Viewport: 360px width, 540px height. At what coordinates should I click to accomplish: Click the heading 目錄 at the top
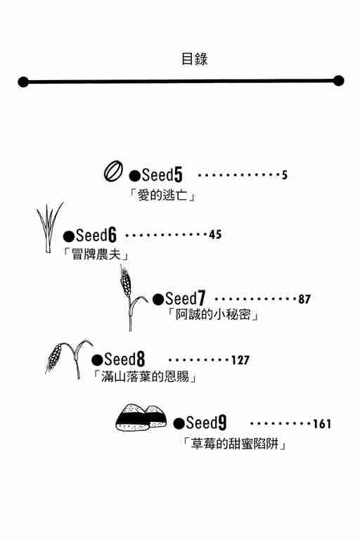coord(194,59)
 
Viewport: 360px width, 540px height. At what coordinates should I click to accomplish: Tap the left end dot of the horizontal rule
coord(23,82)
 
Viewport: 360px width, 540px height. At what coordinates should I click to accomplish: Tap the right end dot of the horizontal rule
coord(339,81)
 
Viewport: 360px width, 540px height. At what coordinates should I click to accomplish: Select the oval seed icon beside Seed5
coord(113,172)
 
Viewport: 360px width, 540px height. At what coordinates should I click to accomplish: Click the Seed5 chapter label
coord(155,175)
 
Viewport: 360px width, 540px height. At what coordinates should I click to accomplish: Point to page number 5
coord(284,175)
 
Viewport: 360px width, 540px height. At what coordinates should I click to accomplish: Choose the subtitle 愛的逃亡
coord(162,195)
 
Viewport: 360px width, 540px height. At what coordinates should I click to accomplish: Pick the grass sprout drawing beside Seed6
coord(50,227)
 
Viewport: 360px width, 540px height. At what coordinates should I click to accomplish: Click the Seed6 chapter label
coord(90,236)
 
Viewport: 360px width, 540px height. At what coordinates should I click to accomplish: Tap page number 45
coord(215,235)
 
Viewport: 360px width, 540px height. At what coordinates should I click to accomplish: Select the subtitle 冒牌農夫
coord(96,255)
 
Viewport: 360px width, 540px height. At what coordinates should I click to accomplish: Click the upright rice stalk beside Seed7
coord(131,298)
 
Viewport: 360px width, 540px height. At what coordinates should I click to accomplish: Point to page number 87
coord(304,299)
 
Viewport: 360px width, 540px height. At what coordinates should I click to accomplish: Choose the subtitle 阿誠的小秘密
coord(213,314)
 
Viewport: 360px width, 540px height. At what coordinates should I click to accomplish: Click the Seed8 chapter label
coord(118,359)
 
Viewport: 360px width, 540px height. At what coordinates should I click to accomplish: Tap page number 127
coord(240,360)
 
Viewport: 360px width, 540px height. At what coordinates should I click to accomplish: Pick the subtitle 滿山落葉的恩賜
coord(145,377)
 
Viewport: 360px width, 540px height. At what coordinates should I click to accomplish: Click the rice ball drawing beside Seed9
coord(141,417)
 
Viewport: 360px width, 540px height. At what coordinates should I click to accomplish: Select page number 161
coord(322,424)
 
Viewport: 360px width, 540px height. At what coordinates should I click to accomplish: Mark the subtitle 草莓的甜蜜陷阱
coord(235,444)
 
